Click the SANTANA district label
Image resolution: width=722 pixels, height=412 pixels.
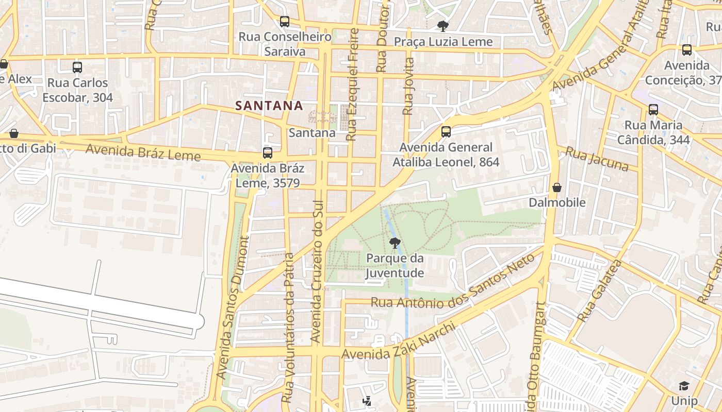[269, 106]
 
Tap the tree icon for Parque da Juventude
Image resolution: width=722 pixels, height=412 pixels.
[395, 243]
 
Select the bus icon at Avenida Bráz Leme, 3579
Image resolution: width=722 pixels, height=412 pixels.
[267, 152]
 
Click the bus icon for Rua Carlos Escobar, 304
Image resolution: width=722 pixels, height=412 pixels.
[77, 67]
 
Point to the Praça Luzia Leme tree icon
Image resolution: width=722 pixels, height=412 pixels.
[442, 26]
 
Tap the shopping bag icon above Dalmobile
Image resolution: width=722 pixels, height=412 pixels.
[557, 187]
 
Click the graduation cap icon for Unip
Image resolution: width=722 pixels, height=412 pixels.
[684, 386]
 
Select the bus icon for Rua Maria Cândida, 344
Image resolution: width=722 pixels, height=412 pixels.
[653, 109]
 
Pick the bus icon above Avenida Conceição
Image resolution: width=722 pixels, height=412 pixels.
[687, 50]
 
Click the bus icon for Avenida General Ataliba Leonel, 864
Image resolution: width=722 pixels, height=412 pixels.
[446, 132]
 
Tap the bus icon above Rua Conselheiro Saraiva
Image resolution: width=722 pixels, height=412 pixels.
[285, 22]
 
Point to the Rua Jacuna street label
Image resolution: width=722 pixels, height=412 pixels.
[597, 159]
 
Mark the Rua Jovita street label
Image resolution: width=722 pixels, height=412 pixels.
[408, 86]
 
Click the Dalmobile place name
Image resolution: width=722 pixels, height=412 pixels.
[557, 202]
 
